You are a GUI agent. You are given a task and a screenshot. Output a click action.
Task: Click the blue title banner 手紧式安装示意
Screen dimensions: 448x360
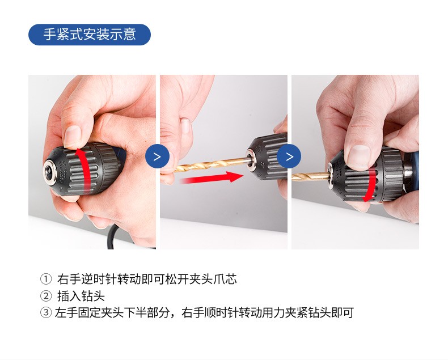[x=90, y=35]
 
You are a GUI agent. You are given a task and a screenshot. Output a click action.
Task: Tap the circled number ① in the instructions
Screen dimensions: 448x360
[x=46, y=279]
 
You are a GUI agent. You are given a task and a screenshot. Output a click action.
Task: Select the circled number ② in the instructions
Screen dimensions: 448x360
[x=46, y=296]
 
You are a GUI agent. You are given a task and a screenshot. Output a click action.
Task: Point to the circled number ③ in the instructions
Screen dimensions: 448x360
[x=46, y=312]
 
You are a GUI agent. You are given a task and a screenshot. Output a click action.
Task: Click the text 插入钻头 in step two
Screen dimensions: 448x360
[x=81, y=296]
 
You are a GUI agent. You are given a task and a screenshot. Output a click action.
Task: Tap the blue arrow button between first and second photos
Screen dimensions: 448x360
[x=157, y=156]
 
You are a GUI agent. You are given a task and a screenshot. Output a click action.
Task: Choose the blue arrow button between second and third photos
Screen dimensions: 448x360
[x=289, y=156]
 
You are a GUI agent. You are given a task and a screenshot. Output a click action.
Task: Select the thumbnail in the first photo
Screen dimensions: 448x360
[x=72, y=136]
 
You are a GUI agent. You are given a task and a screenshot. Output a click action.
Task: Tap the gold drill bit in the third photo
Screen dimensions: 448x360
[x=311, y=176]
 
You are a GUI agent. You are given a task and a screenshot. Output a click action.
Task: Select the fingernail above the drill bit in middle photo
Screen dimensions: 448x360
[x=186, y=126]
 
